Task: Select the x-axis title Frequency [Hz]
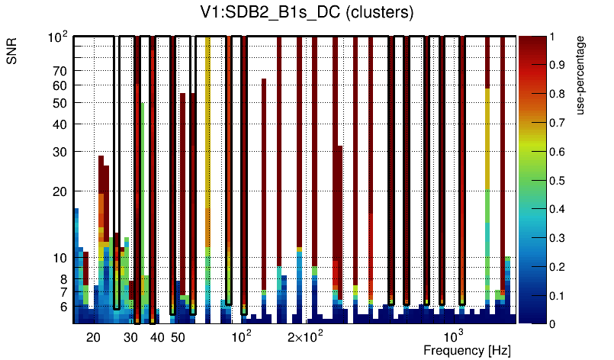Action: (467, 350)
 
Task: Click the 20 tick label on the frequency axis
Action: (93, 337)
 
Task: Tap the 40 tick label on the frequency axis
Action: (156, 337)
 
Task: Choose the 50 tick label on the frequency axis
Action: (177, 337)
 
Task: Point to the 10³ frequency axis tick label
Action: (453, 336)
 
